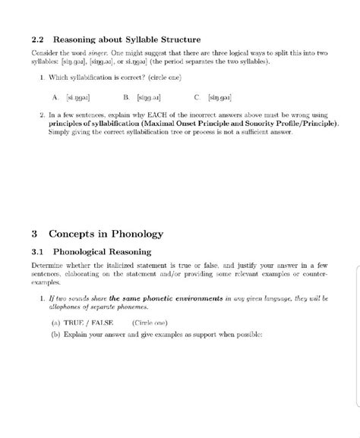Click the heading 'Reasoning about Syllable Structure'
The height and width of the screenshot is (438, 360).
click(127, 39)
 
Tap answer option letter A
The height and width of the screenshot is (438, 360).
click(55, 97)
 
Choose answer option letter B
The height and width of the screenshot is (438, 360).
click(125, 97)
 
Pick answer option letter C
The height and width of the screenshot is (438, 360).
click(197, 97)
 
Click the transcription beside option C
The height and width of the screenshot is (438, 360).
click(221, 97)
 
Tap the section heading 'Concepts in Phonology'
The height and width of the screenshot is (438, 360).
click(106, 234)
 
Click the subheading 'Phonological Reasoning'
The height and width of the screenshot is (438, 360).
click(101, 251)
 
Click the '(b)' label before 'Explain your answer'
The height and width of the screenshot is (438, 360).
click(55, 334)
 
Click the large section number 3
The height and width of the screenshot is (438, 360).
click(35, 234)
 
